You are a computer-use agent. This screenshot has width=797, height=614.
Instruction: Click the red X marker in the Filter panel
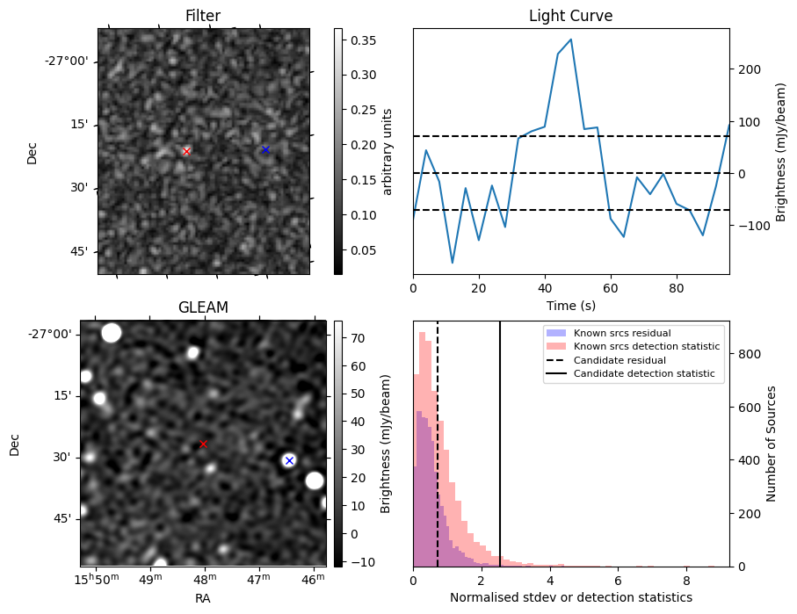click(186, 151)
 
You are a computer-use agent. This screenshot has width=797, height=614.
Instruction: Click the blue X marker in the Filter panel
click(265, 150)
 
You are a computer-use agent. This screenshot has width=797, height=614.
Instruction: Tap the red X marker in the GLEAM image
click(203, 444)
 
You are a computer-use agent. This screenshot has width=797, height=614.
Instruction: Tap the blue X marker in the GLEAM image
click(289, 460)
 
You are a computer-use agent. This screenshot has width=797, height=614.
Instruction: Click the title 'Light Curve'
click(570, 16)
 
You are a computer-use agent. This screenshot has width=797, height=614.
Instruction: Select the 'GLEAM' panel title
click(203, 307)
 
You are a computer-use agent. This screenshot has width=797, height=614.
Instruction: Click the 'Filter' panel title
click(203, 16)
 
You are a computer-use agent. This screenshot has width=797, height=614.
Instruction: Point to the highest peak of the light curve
click(571, 40)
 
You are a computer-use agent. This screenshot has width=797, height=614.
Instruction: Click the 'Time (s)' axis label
click(570, 305)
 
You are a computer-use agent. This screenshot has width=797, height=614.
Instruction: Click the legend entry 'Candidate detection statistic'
click(647, 375)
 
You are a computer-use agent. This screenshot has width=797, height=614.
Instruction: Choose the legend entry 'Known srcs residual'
click(622, 333)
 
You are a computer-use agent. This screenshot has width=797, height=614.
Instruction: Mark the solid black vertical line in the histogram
click(500, 439)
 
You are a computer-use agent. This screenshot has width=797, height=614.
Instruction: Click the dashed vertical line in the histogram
click(438, 439)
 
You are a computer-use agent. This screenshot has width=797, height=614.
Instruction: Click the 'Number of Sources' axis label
click(772, 444)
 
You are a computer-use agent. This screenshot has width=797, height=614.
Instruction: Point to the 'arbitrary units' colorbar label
click(387, 151)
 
